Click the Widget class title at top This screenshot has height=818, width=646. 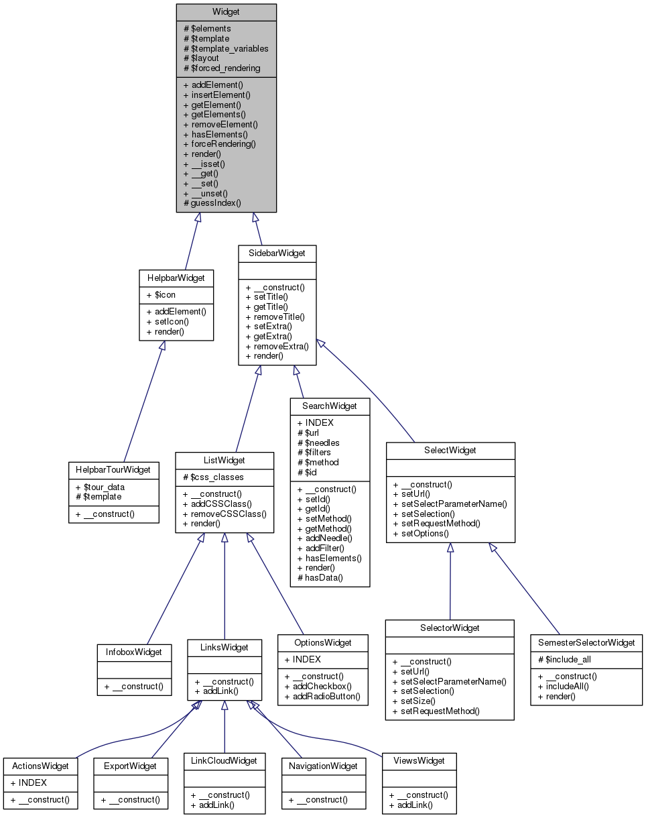click(x=227, y=11)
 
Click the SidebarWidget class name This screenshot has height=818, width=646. click(x=277, y=253)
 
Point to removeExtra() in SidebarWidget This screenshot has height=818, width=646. click(x=277, y=346)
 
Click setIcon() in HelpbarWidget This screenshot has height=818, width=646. click(x=167, y=321)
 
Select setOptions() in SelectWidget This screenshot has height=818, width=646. click(x=421, y=533)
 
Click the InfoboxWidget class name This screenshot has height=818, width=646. click(x=134, y=651)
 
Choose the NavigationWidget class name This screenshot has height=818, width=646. click(x=324, y=765)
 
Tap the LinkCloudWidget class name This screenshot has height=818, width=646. click(x=224, y=760)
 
